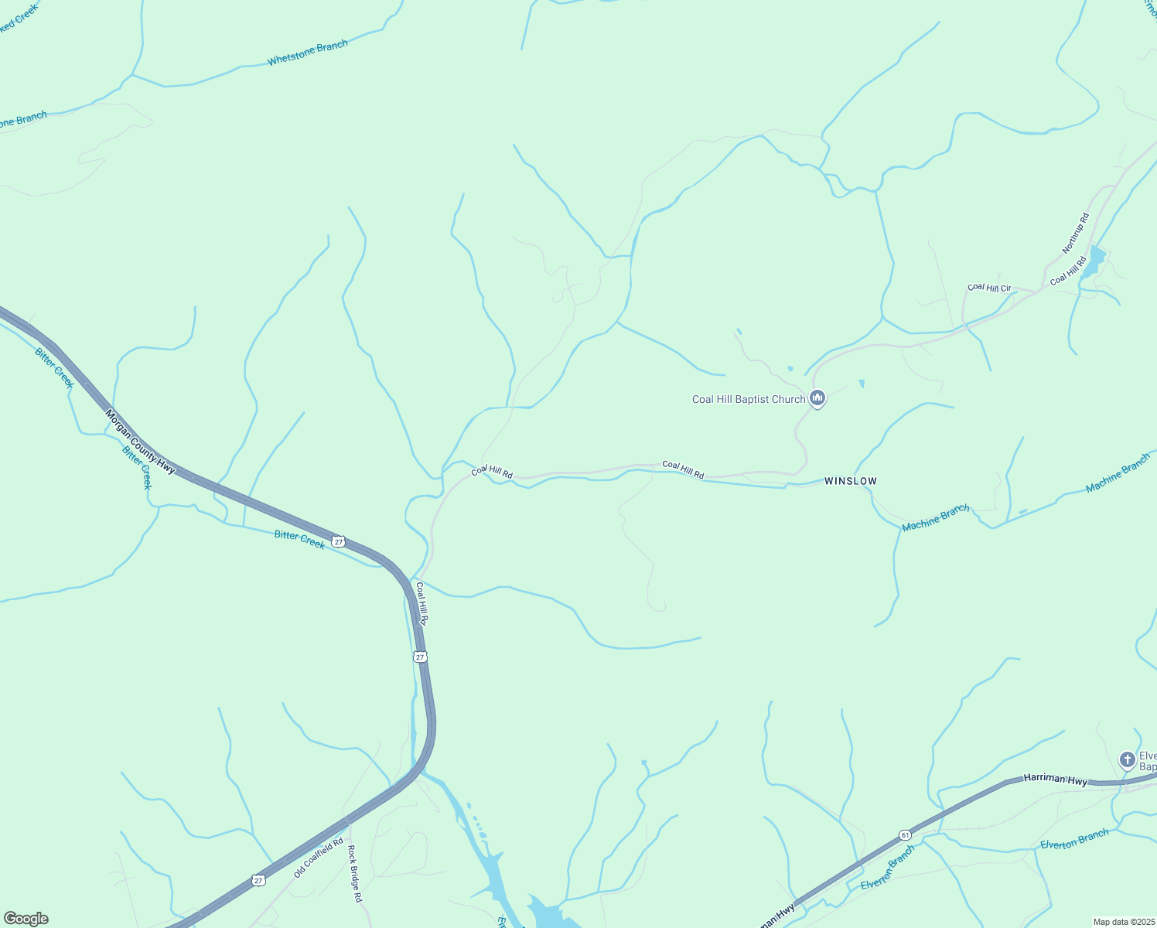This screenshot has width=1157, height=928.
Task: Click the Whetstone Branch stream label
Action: pos(307,52)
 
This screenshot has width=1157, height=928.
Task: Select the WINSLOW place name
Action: pos(851,481)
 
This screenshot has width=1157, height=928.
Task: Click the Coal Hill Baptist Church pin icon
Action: pos(817,398)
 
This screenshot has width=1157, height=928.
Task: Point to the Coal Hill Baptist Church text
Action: pos(748,400)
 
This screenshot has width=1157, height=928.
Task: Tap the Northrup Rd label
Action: pos(1075,233)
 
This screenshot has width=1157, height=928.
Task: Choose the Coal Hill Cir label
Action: pos(989,288)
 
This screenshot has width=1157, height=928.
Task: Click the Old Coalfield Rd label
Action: pos(318,857)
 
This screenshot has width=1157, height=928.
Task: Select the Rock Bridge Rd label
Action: pos(354,875)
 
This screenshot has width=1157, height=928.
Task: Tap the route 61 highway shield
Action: pos(905,835)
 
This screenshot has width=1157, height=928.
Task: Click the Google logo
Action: pos(26,919)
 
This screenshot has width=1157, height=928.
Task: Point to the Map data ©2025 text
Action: pos(1122,922)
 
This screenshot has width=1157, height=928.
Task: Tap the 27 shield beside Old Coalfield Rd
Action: pos(258,880)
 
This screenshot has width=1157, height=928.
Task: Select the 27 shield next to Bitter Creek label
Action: pos(338,541)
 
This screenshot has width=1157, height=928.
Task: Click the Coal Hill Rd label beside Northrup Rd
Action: pos(1068,271)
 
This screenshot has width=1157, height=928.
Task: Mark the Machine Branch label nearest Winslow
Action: pos(936,517)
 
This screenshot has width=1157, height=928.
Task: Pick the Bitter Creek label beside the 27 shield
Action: pos(299,538)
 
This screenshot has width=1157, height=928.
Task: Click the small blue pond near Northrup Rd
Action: pos(1094,261)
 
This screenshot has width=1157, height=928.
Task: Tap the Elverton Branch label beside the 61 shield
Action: pos(888,866)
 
